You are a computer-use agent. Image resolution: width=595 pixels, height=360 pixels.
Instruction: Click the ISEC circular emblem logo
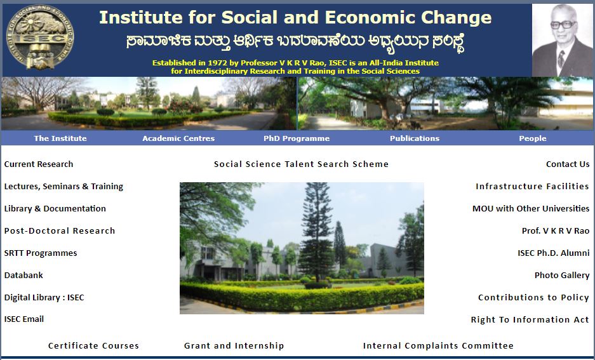click(x=41, y=37)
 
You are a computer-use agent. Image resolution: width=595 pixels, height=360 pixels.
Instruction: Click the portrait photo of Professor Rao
click(x=563, y=40)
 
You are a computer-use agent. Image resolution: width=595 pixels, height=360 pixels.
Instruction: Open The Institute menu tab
click(x=60, y=138)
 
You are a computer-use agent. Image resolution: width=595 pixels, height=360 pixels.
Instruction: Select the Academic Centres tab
click(x=178, y=138)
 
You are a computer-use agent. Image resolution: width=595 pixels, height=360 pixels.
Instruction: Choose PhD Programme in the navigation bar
click(x=297, y=138)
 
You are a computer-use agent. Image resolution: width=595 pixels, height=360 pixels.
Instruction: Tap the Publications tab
click(x=415, y=138)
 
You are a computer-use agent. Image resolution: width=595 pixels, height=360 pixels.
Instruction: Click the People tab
click(x=533, y=138)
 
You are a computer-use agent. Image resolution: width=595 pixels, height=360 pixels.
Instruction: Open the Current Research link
click(x=39, y=164)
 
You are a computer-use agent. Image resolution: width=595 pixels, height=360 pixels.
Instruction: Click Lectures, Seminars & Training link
click(x=64, y=186)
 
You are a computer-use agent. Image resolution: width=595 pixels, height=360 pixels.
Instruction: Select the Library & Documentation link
click(x=55, y=209)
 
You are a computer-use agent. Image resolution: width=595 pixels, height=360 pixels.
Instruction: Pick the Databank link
click(x=23, y=276)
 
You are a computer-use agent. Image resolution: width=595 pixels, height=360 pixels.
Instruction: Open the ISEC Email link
click(x=24, y=319)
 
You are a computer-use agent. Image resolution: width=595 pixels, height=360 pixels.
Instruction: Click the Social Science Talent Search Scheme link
click(x=301, y=164)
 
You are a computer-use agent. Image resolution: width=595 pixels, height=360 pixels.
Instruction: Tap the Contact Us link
click(x=568, y=164)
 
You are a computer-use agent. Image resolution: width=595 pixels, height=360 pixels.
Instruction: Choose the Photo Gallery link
click(x=562, y=276)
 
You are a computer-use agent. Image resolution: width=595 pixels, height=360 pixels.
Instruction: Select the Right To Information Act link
click(x=530, y=320)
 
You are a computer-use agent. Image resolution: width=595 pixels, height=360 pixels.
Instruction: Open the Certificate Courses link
click(x=94, y=345)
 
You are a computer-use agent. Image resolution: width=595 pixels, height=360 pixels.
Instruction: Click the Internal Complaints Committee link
click(x=438, y=345)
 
